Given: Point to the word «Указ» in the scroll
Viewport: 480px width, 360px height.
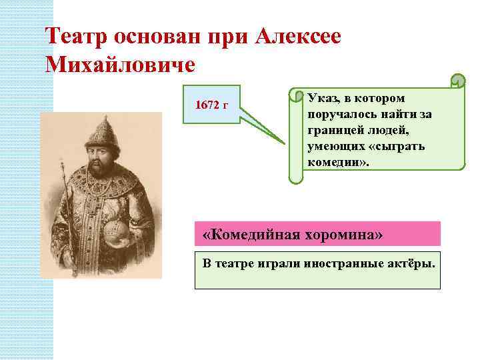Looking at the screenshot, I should point(323,98).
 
